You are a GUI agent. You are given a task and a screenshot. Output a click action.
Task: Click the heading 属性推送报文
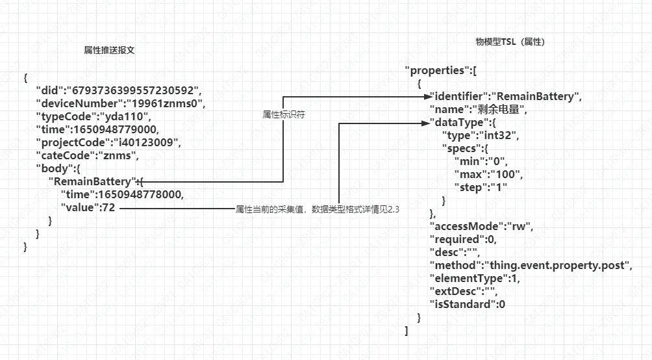[109, 50]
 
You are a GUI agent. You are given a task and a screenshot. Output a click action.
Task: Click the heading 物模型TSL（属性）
[510, 42]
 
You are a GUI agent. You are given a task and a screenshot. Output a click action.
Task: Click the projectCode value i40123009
[145, 142]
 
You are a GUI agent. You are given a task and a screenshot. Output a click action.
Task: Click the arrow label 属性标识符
[284, 114]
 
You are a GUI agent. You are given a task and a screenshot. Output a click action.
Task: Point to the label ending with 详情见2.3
[317, 209]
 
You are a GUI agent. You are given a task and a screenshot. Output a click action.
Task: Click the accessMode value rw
[517, 226]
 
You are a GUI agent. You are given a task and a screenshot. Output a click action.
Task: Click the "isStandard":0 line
[468, 304]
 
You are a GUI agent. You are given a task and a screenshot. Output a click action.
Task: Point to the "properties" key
[435, 70]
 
